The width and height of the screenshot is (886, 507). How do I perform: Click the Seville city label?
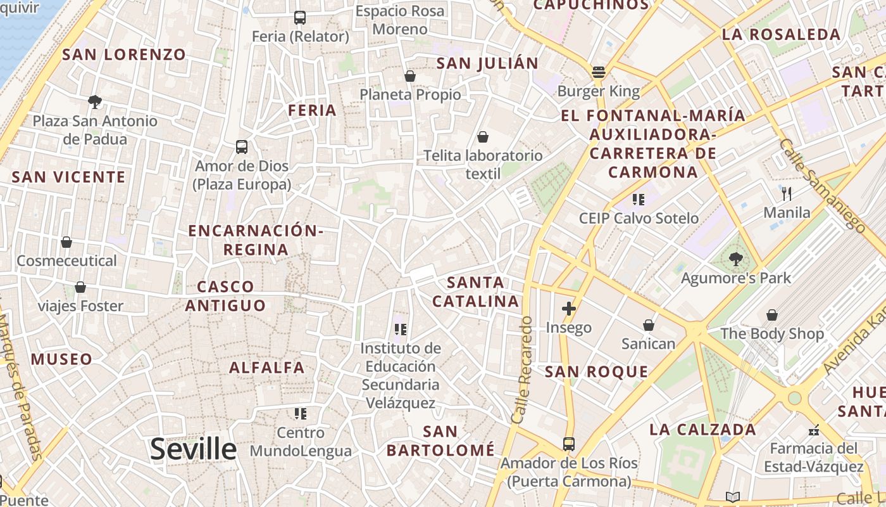193,449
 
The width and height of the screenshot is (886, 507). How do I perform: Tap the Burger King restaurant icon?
599,72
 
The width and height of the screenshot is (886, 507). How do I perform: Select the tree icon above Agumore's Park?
735,259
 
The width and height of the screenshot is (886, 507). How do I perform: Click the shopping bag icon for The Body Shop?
772,314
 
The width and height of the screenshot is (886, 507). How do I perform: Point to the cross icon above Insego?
569,309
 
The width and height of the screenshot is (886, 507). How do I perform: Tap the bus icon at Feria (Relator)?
300,18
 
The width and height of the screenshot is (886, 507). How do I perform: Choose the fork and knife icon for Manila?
787,193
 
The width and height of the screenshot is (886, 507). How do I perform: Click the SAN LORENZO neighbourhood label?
124,55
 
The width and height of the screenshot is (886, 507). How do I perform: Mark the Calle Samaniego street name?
822,184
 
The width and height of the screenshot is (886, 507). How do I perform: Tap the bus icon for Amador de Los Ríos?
569,444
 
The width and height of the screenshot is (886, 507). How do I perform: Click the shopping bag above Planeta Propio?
410,76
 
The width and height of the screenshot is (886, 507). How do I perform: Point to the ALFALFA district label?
266,368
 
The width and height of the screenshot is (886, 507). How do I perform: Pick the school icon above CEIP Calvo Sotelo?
639,200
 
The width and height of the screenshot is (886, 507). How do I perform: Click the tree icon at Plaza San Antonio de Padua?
95,101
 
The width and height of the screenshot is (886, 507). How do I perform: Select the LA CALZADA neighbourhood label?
702,430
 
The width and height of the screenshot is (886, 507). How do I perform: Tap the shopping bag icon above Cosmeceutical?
66,242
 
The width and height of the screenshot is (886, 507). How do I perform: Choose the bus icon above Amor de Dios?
242,147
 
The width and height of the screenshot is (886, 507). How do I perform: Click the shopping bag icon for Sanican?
649,325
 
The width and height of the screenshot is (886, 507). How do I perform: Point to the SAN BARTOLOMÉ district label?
440,441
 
